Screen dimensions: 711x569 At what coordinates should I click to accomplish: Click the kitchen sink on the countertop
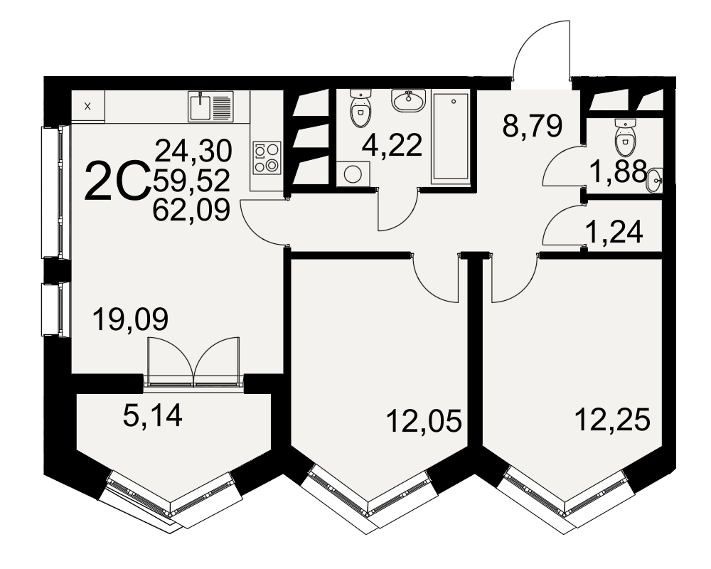point(211,106)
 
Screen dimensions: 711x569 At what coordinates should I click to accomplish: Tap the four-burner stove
point(267,157)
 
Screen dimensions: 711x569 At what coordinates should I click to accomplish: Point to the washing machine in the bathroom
point(353,174)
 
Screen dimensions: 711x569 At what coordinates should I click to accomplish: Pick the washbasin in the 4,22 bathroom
point(409,100)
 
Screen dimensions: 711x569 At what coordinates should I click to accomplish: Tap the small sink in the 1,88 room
point(655,181)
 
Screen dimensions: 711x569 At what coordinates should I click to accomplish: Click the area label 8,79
point(533,126)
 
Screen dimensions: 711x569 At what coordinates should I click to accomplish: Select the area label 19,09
point(130,319)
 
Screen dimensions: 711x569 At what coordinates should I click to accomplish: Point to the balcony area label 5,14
point(152,415)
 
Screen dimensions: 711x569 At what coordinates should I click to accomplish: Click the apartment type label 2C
point(117,181)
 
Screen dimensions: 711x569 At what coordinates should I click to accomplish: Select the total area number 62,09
point(192,210)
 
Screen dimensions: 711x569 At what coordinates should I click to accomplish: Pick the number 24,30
point(193,151)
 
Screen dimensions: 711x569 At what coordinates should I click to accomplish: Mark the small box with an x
point(88,107)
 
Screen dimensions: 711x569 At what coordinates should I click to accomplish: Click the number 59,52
point(192,181)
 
